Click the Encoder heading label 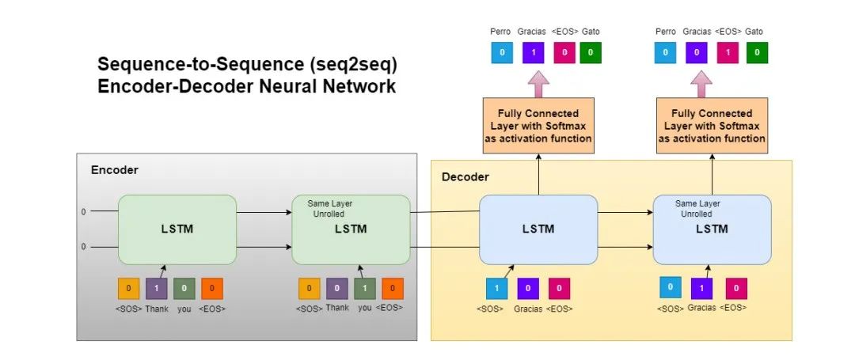pos(115,170)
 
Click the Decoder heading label pos(465,176)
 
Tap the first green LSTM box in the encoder pos(177,229)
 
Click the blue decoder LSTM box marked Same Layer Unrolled pos(711,229)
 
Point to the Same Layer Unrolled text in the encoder pos(330,209)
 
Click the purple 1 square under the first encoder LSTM pos(156,289)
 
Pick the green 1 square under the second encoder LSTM pos(365,289)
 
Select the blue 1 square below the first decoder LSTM pos(496,289)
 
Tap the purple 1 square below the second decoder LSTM pos(702,289)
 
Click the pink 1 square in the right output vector pos(729,53)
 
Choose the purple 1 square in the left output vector pos(533,53)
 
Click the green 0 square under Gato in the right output pos(757,53)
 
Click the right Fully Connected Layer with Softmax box pos(712,127)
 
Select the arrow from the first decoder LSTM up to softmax pos(538,175)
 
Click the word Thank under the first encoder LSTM pos(157,309)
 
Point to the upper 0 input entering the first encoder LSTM pos(83,213)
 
